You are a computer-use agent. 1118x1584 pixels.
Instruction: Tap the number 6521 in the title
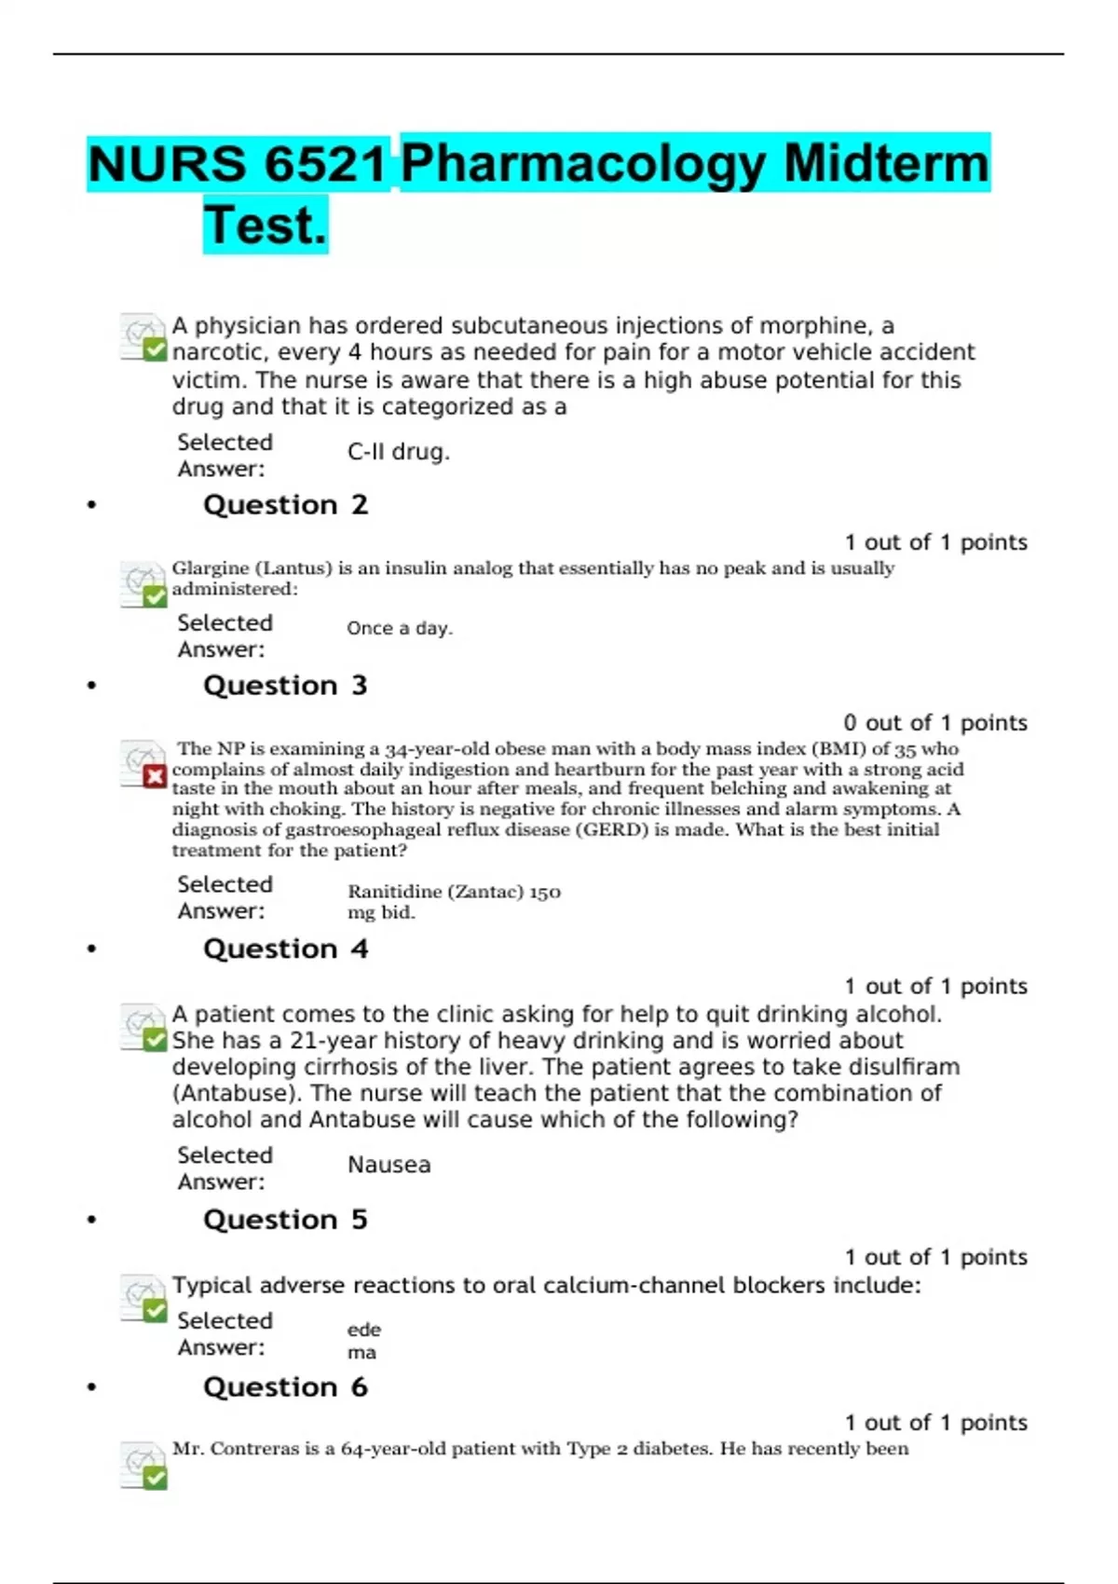coord(325,164)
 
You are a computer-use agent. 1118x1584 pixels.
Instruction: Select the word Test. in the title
coord(266,225)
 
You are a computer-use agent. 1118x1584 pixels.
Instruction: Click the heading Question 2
coord(285,505)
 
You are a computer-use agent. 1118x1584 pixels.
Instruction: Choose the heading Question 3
coord(285,686)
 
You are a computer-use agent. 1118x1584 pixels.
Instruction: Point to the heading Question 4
coord(285,949)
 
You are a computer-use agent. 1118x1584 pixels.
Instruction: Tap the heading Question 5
coord(285,1220)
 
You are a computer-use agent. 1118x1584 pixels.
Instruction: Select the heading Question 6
coord(285,1387)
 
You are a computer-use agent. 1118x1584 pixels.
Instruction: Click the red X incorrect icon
coord(155,776)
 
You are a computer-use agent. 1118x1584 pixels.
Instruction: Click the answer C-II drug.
coord(399,452)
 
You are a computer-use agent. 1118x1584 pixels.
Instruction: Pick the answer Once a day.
coord(400,629)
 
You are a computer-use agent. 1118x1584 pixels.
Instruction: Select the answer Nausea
coord(389,1165)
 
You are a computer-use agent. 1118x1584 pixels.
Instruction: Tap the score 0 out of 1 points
coord(935,723)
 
